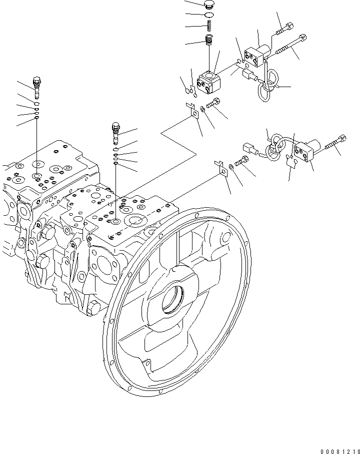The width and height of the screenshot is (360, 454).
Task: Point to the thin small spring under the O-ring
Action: tap(210, 26)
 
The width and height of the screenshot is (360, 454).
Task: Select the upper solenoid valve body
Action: tap(256, 56)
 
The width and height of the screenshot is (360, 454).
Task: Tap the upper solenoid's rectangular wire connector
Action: tap(248, 76)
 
